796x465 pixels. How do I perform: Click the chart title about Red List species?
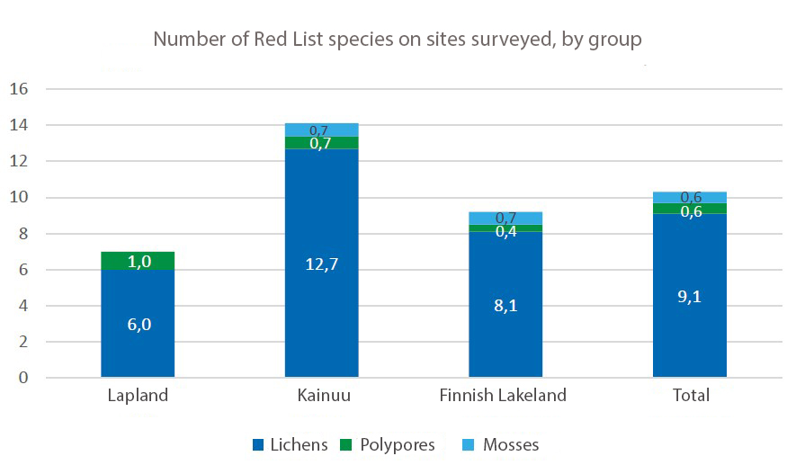[397, 40]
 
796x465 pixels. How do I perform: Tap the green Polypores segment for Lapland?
[138, 261]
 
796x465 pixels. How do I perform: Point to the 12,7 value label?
[321, 264]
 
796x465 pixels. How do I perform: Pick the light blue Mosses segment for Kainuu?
[321, 130]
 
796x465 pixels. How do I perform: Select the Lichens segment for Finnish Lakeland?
[505, 342]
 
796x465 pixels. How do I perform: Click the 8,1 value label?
[505, 305]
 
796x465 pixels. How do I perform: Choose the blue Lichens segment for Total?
[689, 342]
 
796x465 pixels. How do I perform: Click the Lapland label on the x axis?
[138, 396]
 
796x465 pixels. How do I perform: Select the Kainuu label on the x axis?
[321, 396]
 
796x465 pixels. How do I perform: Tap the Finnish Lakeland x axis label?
[503, 396]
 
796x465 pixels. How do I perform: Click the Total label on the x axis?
[690, 396]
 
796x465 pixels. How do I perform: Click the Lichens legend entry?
[291, 445]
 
